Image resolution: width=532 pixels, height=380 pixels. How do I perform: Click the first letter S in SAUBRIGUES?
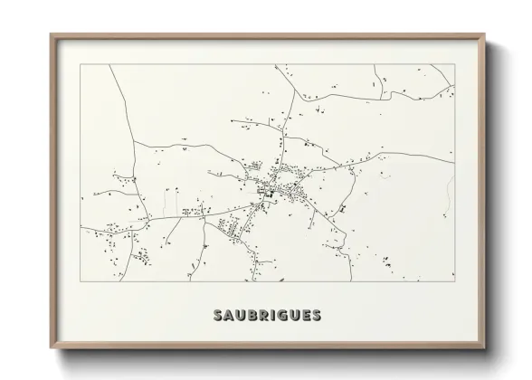[x=218, y=316]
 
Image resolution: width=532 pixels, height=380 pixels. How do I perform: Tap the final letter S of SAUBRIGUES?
[x=316, y=316]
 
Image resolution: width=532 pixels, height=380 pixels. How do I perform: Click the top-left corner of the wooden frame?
[x=51, y=34]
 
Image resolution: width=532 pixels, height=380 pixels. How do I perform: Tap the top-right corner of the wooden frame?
[x=485, y=34]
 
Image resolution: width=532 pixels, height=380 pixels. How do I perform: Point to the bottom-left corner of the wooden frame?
[x=51, y=349]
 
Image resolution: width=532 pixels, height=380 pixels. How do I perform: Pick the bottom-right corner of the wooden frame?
[x=485, y=349]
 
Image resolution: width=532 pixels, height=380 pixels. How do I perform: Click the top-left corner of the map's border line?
[x=81, y=64]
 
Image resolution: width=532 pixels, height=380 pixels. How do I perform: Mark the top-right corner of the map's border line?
[x=454, y=64]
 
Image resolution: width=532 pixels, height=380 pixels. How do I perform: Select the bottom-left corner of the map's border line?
[x=81, y=281]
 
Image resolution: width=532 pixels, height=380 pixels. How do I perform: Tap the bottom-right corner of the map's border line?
[x=454, y=281]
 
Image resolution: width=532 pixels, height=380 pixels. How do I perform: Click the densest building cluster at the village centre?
[x=269, y=191]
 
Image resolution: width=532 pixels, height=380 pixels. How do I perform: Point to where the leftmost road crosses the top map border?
[x=109, y=64]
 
